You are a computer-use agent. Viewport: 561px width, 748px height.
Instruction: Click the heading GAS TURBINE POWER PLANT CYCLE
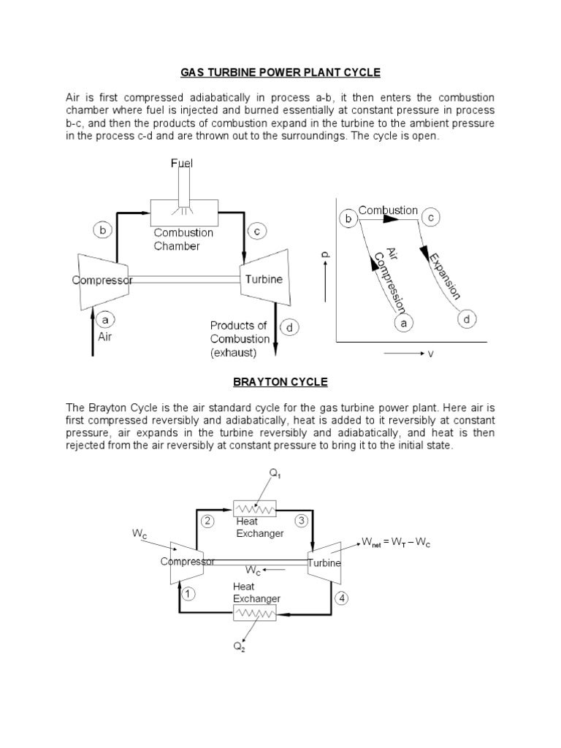[x=280, y=73]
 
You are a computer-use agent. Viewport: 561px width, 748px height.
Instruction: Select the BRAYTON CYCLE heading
[x=280, y=382]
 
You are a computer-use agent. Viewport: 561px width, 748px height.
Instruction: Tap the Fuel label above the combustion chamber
[x=182, y=164]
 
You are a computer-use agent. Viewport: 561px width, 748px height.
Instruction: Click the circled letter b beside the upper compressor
[x=103, y=231]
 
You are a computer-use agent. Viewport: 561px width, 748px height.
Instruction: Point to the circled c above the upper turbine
[x=256, y=231]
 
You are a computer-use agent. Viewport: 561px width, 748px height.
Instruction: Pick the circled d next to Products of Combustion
[x=289, y=328]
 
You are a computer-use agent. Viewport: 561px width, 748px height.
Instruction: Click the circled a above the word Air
[x=105, y=320]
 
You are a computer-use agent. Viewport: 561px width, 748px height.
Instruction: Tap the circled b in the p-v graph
[x=348, y=218]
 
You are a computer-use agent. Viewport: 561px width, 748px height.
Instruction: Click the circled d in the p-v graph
[x=467, y=318]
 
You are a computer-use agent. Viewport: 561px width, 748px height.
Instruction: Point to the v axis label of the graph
[x=430, y=354]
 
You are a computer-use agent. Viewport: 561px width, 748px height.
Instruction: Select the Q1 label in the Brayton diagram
[x=275, y=474]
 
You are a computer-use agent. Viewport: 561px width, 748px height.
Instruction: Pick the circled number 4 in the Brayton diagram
[x=342, y=598]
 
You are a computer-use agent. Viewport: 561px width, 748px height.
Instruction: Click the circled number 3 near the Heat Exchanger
[x=301, y=521]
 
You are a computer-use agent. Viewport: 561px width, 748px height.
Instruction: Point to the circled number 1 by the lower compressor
[x=188, y=594]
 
